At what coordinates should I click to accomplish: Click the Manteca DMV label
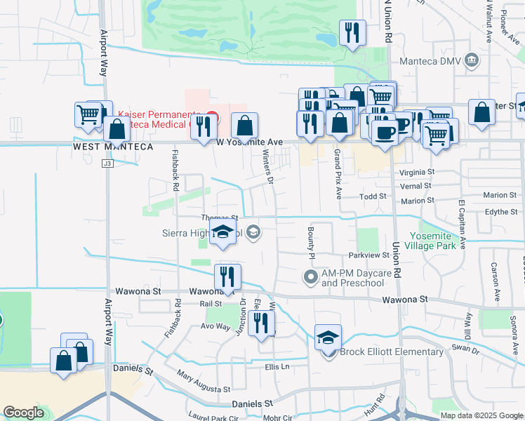pos(430,61)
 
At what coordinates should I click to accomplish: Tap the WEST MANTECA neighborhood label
pos(113,147)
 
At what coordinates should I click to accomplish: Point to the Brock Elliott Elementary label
pos(392,352)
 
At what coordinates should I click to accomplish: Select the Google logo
pos(23,413)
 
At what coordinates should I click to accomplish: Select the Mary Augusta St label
pos(203,382)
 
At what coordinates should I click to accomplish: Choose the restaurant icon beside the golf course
pos(350,33)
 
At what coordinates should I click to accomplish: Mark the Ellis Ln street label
pos(277,366)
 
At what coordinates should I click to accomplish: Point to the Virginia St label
pos(417,172)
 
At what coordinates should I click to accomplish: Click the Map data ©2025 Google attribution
pos(481,415)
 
